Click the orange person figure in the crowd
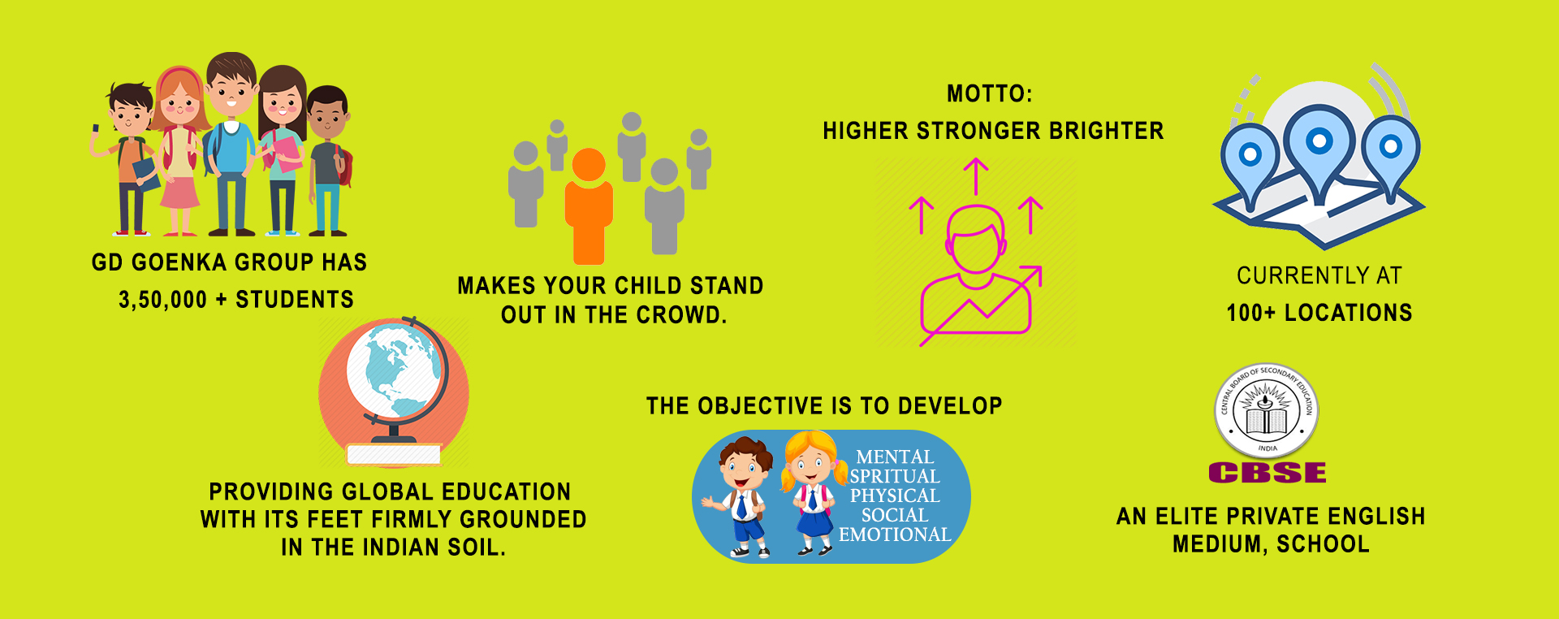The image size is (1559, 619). pyautogui.click(x=588, y=206)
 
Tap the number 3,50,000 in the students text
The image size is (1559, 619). pyautogui.click(x=162, y=300)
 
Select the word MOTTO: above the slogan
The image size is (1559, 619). pyautogui.click(x=989, y=94)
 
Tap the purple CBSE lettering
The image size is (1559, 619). pyautogui.click(x=1267, y=472)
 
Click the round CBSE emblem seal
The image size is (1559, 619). pyautogui.click(x=1267, y=411)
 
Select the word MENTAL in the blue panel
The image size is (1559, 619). pyautogui.click(x=895, y=457)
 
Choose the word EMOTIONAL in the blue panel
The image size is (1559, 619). pyautogui.click(x=895, y=535)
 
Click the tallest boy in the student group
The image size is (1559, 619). pyautogui.click(x=231, y=143)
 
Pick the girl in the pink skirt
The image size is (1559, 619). pyautogui.click(x=180, y=151)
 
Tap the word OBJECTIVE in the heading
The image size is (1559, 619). pyautogui.click(x=761, y=405)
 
